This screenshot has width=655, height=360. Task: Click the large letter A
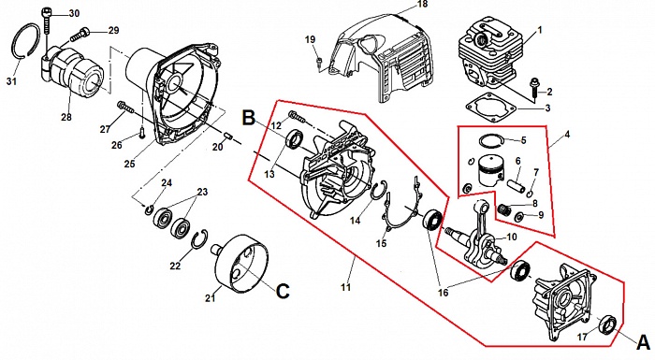644,343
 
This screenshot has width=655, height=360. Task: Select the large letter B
249,118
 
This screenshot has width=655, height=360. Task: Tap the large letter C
283,291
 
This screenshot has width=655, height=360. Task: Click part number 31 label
11,81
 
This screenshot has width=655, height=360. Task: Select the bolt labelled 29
80,35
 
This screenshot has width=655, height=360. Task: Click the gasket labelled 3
490,108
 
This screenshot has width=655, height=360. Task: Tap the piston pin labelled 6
515,184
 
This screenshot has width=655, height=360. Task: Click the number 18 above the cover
423,5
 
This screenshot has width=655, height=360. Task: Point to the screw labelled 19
320,64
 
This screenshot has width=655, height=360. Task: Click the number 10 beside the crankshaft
512,238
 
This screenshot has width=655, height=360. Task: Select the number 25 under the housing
130,164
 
